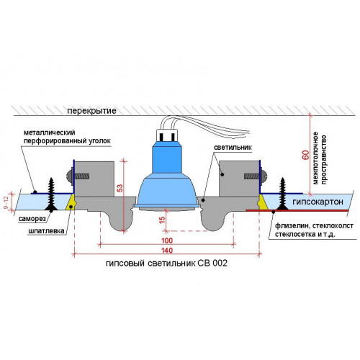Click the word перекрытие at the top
click(x=91, y=111)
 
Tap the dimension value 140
click(x=167, y=251)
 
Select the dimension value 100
click(x=167, y=240)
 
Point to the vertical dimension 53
click(x=120, y=188)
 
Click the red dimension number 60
click(x=305, y=155)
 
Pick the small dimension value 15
click(x=162, y=220)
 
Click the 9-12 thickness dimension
click(x=6, y=202)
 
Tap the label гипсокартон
click(x=318, y=202)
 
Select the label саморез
click(x=32, y=219)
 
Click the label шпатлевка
click(x=46, y=231)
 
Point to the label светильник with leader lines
click(x=233, y=147)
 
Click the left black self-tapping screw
click(x=51, y=194)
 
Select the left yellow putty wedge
click(x=71, y=203)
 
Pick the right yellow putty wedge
click(x=262, y=202)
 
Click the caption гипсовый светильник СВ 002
click(x=166, y=264)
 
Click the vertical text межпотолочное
click(x=315, y=158)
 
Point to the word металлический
click(x=50, y=132)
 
